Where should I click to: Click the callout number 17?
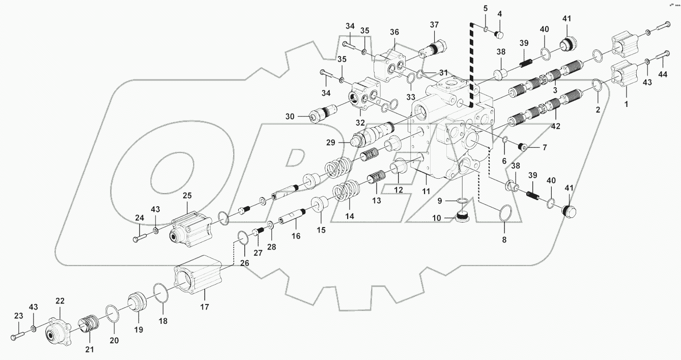click(x=204, y=307)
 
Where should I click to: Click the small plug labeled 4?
click(x=499, y=35)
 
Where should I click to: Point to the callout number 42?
click(x=555, y=126)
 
